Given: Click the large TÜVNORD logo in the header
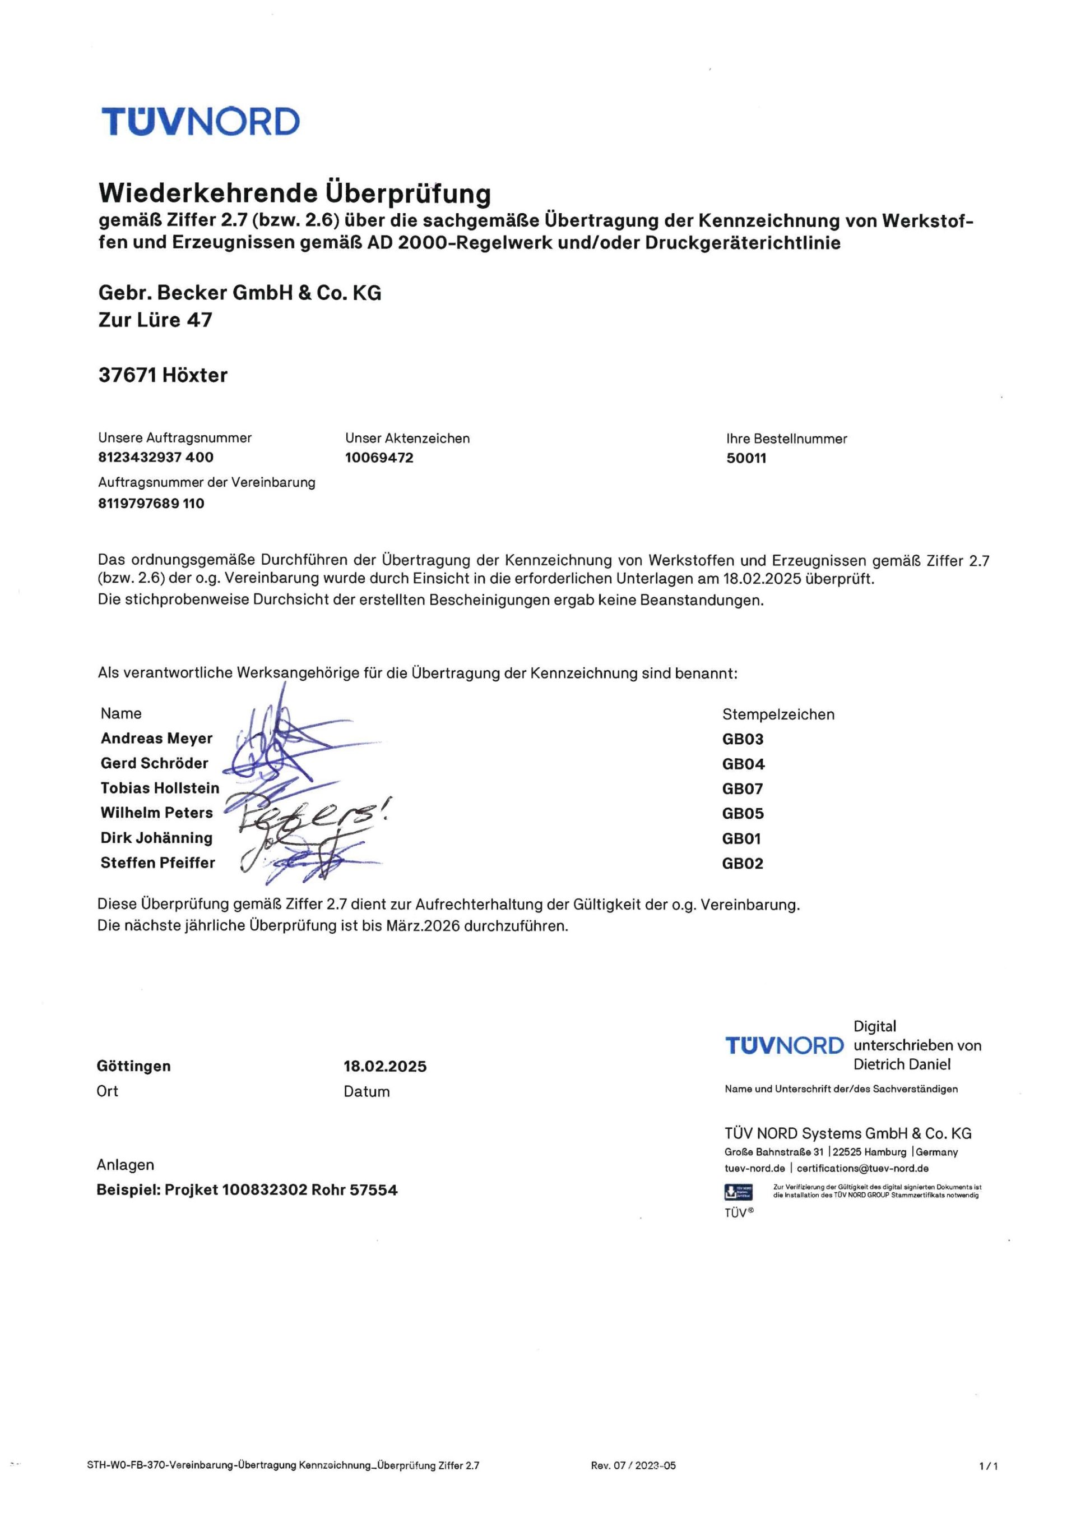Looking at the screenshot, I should [x=200, y=121].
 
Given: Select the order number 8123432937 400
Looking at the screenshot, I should [x=156, y=458].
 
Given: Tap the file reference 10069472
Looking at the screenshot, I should [x=379, y=458].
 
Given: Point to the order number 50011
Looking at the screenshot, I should [x=746, y=458].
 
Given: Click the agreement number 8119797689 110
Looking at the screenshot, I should [x=151, y=503].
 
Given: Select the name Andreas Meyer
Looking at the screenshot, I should [x=156, y=739].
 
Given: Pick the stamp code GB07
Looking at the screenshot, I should [x=743, y=789].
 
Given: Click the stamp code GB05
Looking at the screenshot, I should [x=743, y=813].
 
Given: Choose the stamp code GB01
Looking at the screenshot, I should [x=741, y=838].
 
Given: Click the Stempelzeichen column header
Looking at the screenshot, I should [x=778, y=714].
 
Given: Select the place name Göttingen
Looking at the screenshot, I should [x=133, y=1066].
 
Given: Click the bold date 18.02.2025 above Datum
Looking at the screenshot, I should [x=385, y=1067].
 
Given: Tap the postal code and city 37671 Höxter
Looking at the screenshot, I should [x=163, y=375].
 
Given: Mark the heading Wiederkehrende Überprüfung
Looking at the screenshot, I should [x=295, y=193].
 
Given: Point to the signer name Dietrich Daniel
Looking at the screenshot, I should [x=902, y=1064].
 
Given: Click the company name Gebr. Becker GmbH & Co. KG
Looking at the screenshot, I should [x=240, y=292].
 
